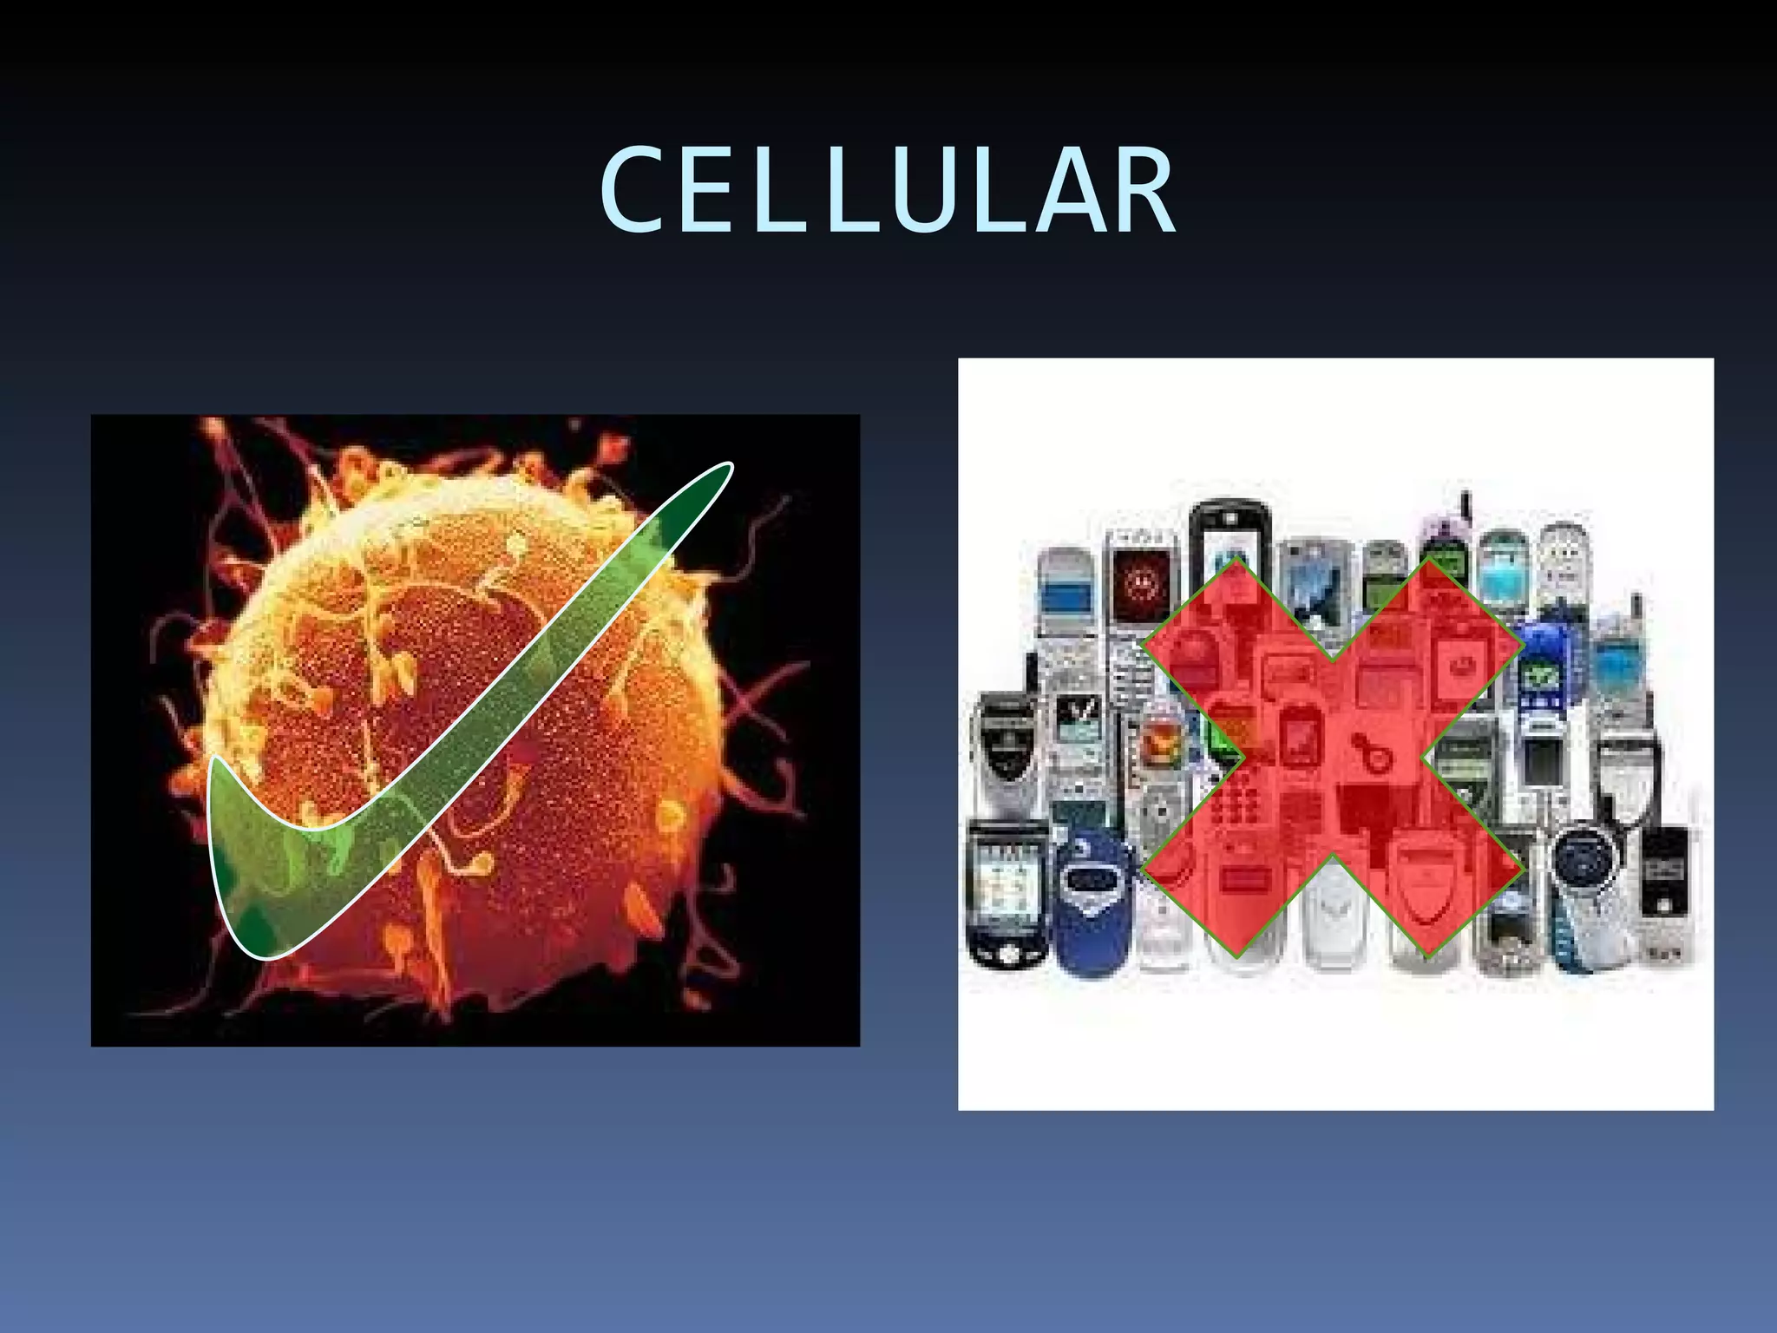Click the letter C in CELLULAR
click(x=632, y=191)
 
